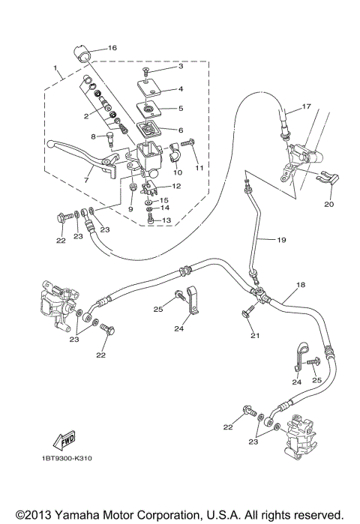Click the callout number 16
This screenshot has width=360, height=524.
pos(112,47)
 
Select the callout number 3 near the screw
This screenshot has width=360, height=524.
pos(180,67)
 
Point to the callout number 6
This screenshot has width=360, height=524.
pos(180,129)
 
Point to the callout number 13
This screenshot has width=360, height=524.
pos(166,220)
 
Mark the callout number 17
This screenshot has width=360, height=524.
pos(306,106)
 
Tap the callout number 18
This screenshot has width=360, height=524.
pos(300,286)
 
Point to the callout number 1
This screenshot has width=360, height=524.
pos(55,69)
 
